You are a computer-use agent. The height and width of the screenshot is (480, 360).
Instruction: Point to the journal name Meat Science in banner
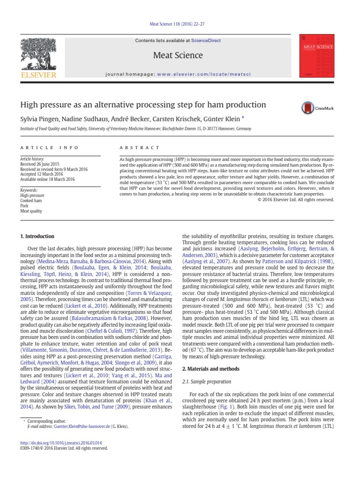tap(178, 55)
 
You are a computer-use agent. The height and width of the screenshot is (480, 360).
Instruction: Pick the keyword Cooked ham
tap(31, 201)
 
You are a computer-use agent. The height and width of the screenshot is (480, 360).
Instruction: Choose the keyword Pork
tap(24, 206)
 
